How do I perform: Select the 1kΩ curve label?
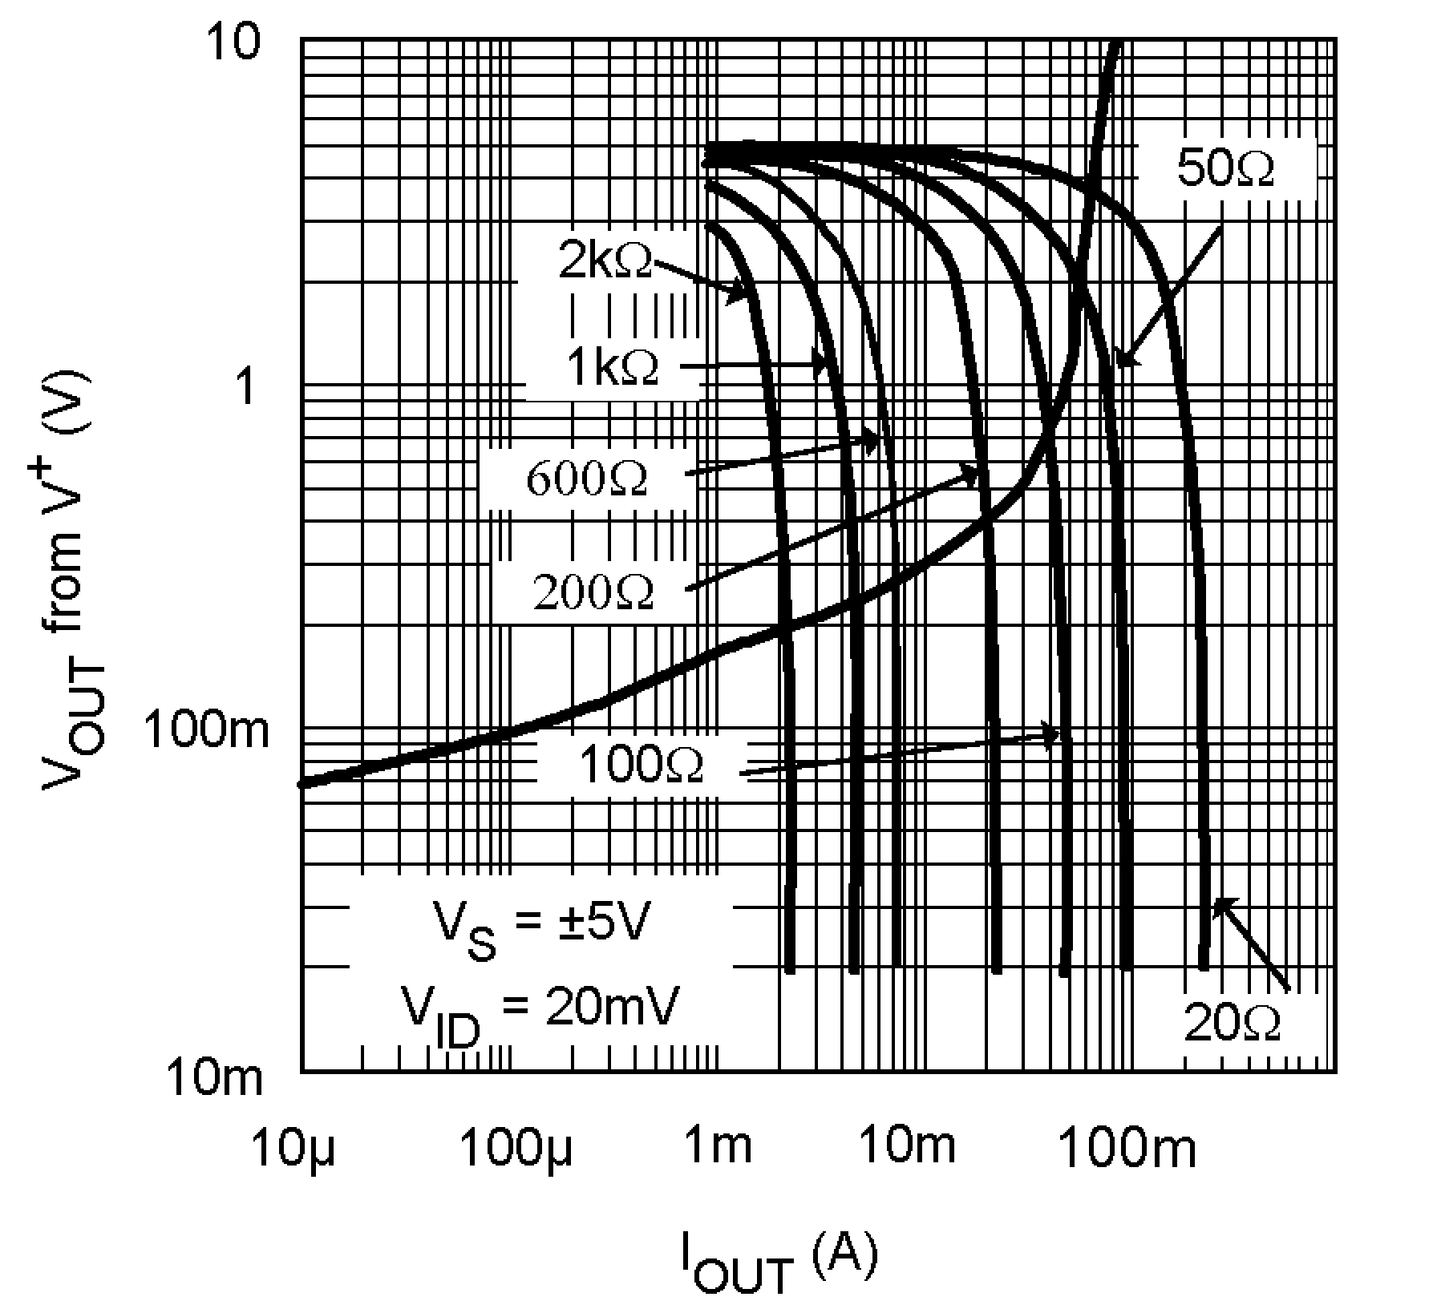(x=613, y=368)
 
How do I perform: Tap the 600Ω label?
(x=587, y=479)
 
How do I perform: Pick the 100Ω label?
(x=640, y=766)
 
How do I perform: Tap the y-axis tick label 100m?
(x=206, y=731)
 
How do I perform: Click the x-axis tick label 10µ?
(x=296, y=1147)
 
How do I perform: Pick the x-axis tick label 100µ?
(x=516, y=1147)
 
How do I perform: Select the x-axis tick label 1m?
(x=718, y=1147)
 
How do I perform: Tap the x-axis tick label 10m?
(x=907, y=1147)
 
